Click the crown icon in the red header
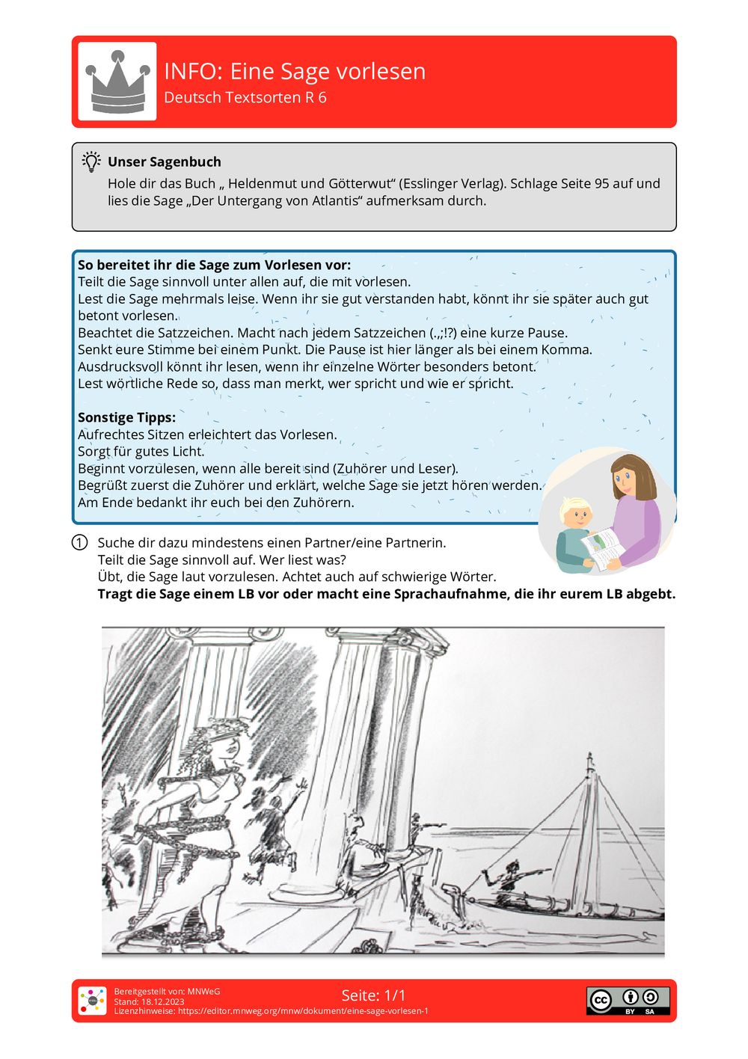[x=117, y=82]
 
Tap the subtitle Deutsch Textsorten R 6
[x=245, y=97]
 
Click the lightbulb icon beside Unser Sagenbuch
[x=91, y=162]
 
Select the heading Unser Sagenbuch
[x=164, y=162]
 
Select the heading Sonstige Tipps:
[x=126, y=417]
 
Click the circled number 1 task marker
[x=80, y=543]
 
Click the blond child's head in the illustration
[x=576, y=513]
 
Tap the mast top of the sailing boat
[x=590, y=757]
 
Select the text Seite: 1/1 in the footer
[x=373, y=995]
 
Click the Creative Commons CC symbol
[x=601, y=1000]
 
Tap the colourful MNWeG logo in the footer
[x=93, y=1001]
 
